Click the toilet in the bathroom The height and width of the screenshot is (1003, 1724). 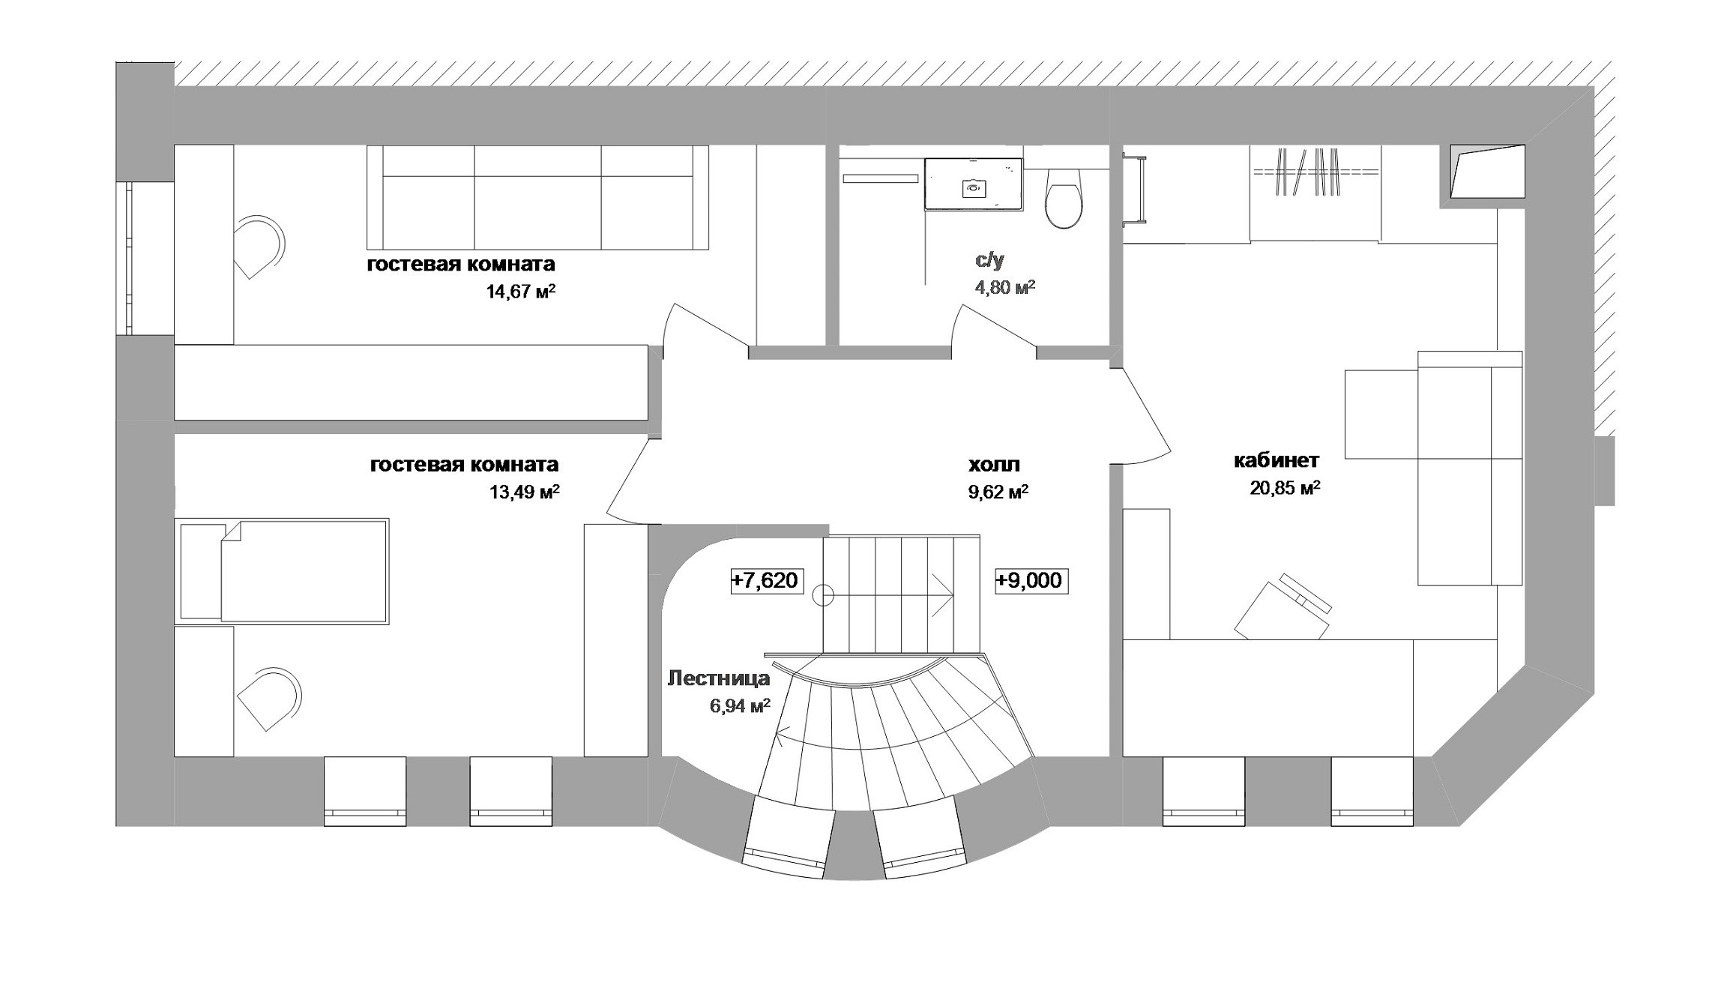pyautogui.click(x=1064, y=197)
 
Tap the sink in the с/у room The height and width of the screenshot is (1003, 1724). pyautogui.click(x=974, y=184)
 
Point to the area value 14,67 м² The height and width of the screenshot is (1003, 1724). pyautogui.click(x=521, y=291)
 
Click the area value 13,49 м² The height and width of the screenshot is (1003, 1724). pyautogui.click(x=525, y=492)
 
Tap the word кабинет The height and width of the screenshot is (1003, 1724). pyautogui.click(x=1277, y=460)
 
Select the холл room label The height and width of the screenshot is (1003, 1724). pyautogui.click(x=994, y=466)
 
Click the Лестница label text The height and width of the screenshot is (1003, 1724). pyautogui.click(x=718, y=678)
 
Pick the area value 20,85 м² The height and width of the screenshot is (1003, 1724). pyautogui.click(x=1285, y=489)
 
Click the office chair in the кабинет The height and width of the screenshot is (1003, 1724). pyautogui.click(x=1283, y=608)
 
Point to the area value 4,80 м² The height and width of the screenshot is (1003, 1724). pyautogui.click(x=1001, y=287)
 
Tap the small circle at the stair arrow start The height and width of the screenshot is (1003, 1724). pyautogui.click(x=824, y=595)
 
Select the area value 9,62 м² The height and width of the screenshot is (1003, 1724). pyautogui.click(x=997, y=493)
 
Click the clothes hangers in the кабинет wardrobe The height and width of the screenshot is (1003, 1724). pyautogui.click(x=1307, y=172)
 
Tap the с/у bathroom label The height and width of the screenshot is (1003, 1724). pyautogui.click(x=989, y=260)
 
